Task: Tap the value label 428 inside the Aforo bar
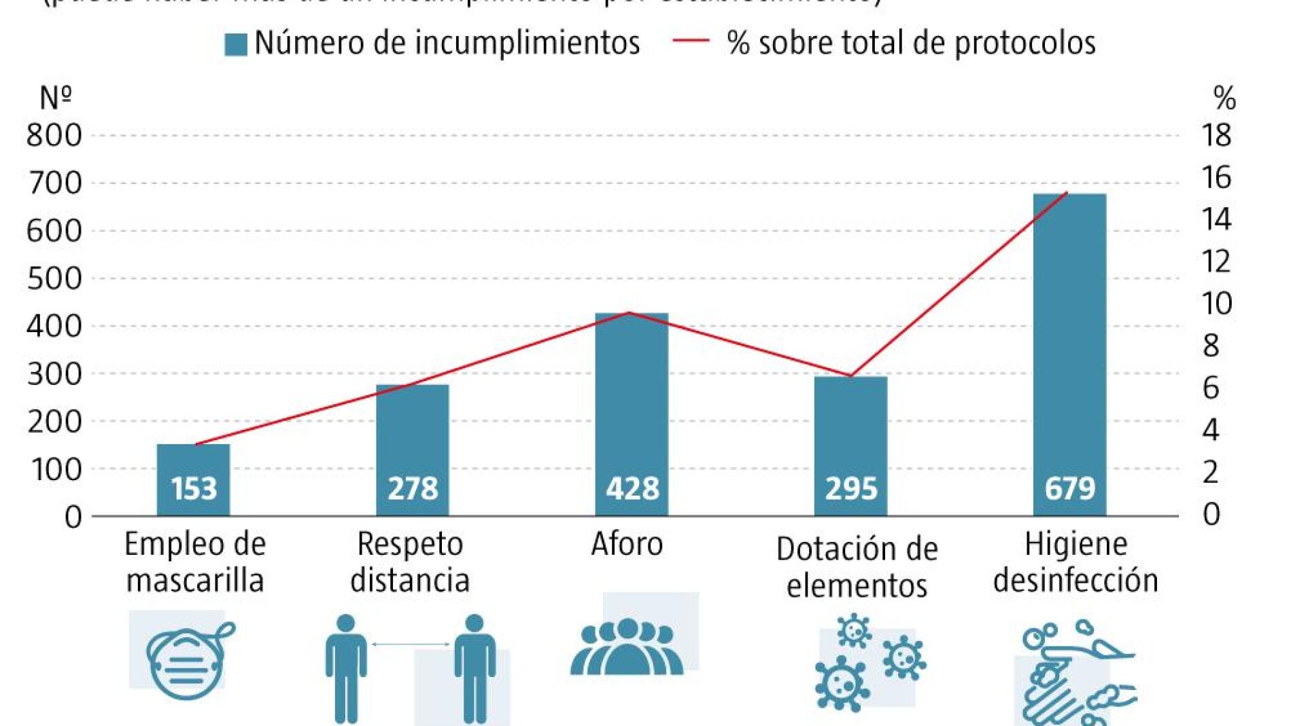[632, 489]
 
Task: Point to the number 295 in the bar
[851, 489]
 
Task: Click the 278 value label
[413, 489]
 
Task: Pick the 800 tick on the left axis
[54, 136]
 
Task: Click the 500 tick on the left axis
[54, 278]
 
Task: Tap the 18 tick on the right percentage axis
[1216, 136]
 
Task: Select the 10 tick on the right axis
[1216, 304]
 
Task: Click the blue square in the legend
[236, 45]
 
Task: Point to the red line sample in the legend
[690, 41]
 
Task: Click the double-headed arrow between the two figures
[410, 644]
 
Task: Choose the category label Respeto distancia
[410, 562]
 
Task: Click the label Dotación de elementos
[857, 567]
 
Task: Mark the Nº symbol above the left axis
[56, 98]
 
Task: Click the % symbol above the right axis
[1224, 99]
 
